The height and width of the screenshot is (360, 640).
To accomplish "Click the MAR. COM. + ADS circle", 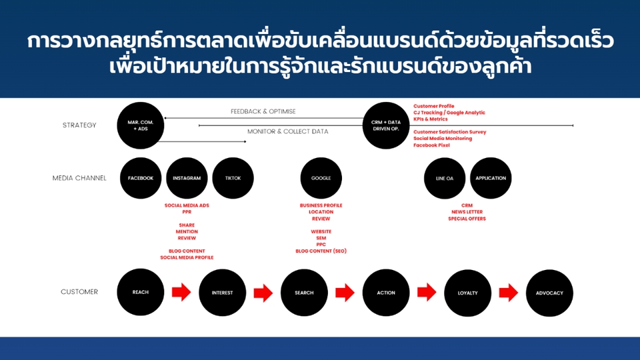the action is tap(140, 125).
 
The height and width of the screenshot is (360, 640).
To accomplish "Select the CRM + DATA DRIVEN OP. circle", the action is tap(386, 125).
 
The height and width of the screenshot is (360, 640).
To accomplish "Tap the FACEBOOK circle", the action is tap(141, 178).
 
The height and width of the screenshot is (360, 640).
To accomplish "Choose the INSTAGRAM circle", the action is tap(187, 178).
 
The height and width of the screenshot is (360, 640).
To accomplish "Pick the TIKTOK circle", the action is tap(233, 178).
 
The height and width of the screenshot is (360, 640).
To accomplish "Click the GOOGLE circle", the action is tap(321, 178).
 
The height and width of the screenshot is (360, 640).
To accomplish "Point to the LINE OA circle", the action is tap(445, 178).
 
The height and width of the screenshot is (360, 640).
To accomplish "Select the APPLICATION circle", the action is tap(491, 178).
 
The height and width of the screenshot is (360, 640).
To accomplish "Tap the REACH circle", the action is tap(141, 292).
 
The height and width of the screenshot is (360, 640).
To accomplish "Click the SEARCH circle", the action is tap(304, 292).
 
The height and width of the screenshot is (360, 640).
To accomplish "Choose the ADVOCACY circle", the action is tap(549, 292).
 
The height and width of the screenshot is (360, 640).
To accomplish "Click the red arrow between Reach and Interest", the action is tap(181, 292).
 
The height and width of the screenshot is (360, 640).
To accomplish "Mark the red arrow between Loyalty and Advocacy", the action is tap(509, 292).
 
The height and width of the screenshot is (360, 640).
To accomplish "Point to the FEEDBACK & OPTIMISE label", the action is tap(263, 111).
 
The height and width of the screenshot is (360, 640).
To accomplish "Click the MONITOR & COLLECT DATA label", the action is tap(287, 131).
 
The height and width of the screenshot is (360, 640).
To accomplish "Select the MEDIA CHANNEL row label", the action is tap(79, 178).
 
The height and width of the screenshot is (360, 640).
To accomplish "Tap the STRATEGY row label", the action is tap(79, 125).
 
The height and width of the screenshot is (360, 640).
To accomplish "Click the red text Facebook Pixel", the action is tap(431, 145).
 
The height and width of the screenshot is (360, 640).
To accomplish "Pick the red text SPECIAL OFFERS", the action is tap(467, 219).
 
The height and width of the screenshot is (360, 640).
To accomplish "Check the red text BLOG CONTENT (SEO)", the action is tap(321, 251).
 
